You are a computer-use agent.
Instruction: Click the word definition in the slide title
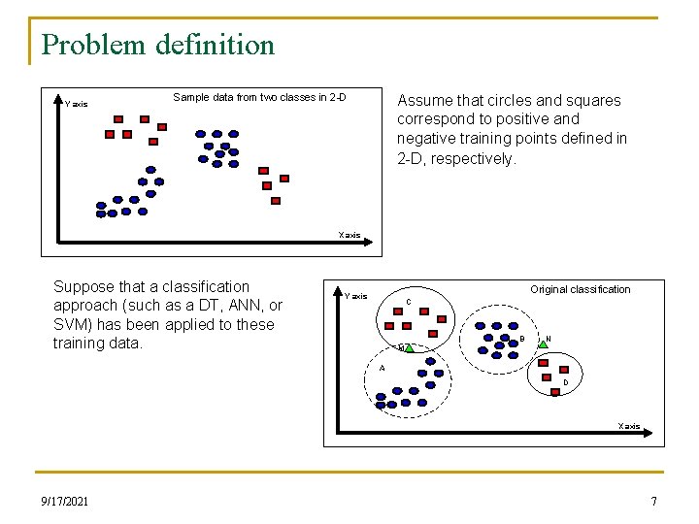click(216, 45)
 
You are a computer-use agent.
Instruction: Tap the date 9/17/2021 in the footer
click(65, 501)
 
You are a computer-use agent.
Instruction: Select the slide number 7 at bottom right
click(653, 501)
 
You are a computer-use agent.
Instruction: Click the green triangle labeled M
click(409, 346)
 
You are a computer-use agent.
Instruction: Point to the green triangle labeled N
click(545, 343)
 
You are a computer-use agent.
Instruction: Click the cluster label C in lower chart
click(409, 302)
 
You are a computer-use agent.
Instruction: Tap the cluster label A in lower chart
click(383, 368)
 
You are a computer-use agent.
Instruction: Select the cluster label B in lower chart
click(522, 338)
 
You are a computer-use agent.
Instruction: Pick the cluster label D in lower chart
click(566, 382)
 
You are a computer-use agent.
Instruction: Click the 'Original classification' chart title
click(580, 289)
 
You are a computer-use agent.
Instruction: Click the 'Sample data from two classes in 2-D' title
click(259, 97)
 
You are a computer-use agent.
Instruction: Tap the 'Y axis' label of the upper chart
click(77, 104)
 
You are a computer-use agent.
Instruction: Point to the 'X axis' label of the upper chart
click(349, 235)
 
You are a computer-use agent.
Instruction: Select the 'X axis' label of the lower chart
click(629, 426)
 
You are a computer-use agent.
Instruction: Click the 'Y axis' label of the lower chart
click(356, 296)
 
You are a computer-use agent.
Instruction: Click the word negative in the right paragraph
click(427, 139)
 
